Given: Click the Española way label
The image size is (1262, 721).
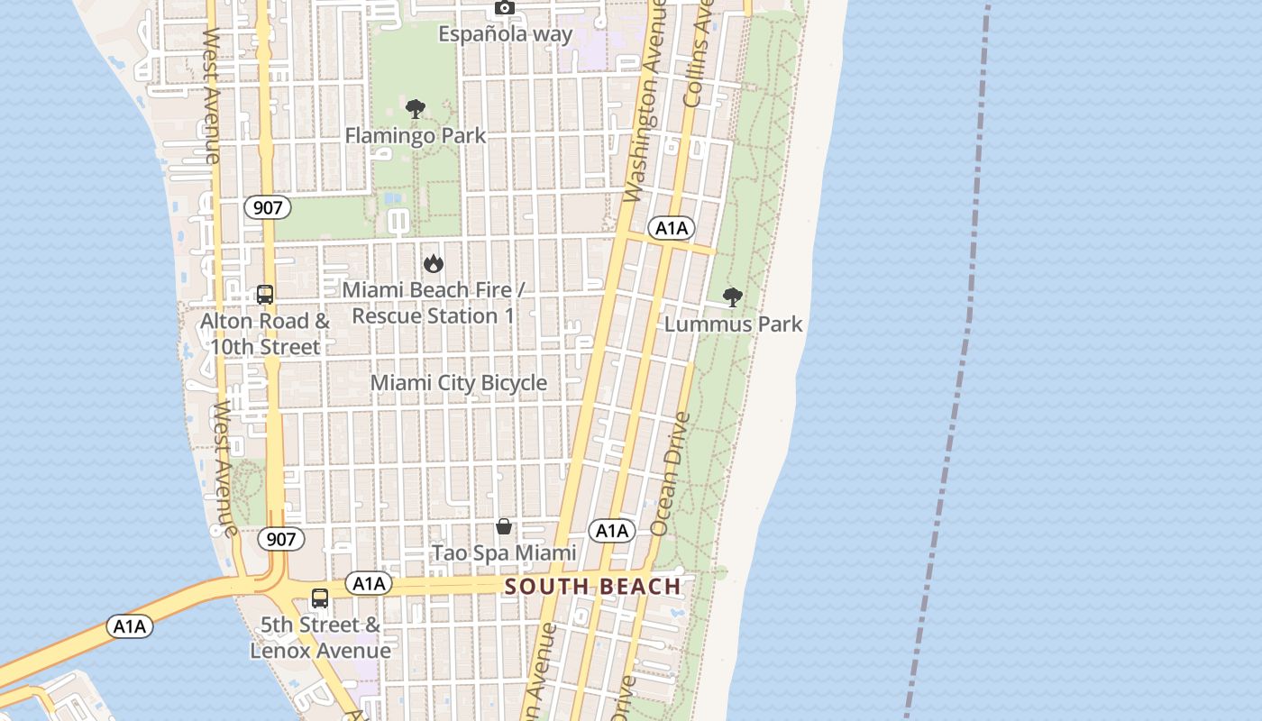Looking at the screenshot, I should (505, 34).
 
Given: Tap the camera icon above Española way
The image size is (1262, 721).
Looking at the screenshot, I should (505, 8).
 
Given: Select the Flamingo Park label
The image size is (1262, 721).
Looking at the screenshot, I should (416, 136).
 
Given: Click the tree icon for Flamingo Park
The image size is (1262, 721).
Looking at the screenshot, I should (416, 110).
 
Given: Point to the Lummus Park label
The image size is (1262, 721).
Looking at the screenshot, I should (733, 324).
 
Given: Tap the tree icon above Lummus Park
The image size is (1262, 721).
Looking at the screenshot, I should (733, 297).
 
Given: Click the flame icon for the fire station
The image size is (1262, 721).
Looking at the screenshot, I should (434, 263).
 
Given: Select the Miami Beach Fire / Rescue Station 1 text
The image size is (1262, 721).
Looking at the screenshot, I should (434, 303).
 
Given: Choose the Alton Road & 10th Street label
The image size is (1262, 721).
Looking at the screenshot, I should (265, 333).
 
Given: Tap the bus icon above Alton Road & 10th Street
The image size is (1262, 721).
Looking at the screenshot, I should (265, 295).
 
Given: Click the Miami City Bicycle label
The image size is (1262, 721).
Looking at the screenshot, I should (459, 383).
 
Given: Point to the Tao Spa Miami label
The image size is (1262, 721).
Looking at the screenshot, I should (504, 552).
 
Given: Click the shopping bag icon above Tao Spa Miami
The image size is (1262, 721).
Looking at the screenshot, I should (504, 526).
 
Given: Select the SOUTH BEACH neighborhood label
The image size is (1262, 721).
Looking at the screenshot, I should (592, 587).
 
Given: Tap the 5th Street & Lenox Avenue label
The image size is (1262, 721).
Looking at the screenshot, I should (320, 637).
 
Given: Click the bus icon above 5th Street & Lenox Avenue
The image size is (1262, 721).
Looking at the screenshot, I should (320, 598).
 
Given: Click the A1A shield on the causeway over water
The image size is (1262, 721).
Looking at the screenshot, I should (130, 625).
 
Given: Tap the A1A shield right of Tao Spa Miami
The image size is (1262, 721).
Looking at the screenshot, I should (611, 531).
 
